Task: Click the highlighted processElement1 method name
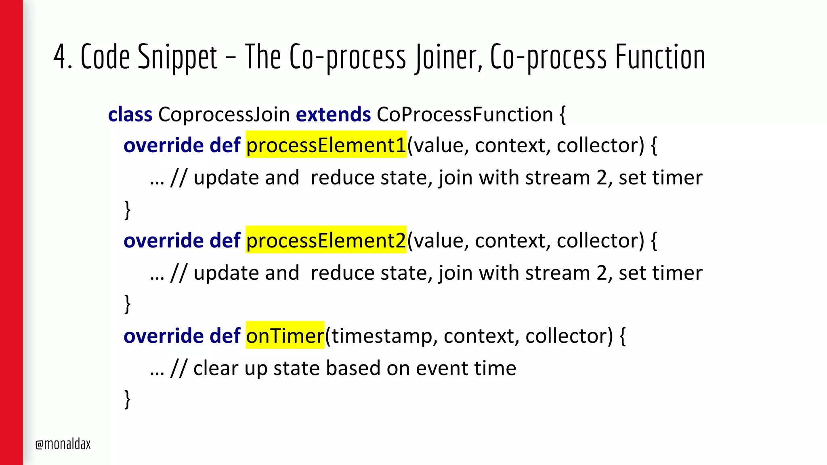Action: click(x=326, y=145)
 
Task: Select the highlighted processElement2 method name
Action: click(x=326, y=240)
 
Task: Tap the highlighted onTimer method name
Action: click(x=285, y=335)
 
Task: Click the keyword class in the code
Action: click(x=130, y=114)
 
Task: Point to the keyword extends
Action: click(x=333, y=114)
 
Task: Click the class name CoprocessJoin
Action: click(x=224, y=114)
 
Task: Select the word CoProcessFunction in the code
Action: click(x=465, y=114)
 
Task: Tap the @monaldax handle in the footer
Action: click(x=63, y=444)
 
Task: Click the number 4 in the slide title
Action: click(x=60, y=57)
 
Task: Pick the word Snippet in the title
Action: click(x=177, y=57)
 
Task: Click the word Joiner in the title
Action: click(x=448, y=57)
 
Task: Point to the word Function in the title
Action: click(x=660, y=57)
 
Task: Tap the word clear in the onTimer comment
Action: click(x=216, y=368)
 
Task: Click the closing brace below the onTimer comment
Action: click(x=128, y=399)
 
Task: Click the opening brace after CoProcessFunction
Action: click(x=563, y=115)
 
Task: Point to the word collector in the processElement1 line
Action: click(x=600, y=145)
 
